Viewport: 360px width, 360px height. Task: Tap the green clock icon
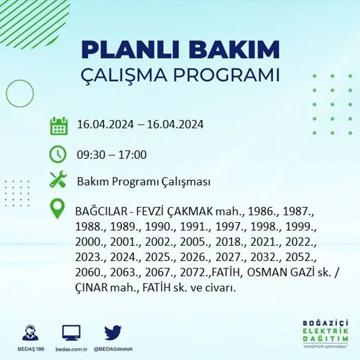point(58,154)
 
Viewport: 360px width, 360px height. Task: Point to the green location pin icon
point(57,209)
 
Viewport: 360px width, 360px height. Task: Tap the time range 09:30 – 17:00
point(112,155)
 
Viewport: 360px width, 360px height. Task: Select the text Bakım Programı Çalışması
point(144,182)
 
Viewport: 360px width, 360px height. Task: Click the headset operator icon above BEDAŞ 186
point(30,333)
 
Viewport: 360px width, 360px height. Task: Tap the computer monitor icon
point(71,333)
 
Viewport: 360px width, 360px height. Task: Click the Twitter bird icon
point(113,333)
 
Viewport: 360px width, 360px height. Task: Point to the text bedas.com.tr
point(71,349)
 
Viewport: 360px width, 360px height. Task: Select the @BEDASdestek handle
point(113,349)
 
